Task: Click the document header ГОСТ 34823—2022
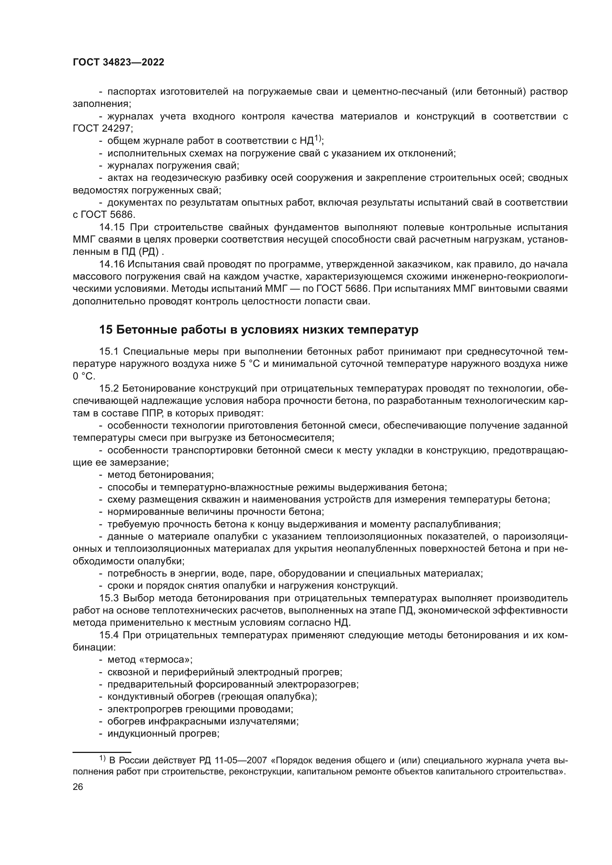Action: click(x=118, y=62)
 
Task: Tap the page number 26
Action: click(x=78, y=787)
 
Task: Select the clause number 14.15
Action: click(x=111, y=227)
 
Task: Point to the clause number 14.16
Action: click(x=111, y=264)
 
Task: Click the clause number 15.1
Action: click(x=109, y=351)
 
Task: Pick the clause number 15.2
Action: click(x=109, y=388)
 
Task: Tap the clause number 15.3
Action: click(x=109, y=598)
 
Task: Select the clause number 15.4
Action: click(x=109, y=635)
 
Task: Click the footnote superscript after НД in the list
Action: click(x=318, y=138)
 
